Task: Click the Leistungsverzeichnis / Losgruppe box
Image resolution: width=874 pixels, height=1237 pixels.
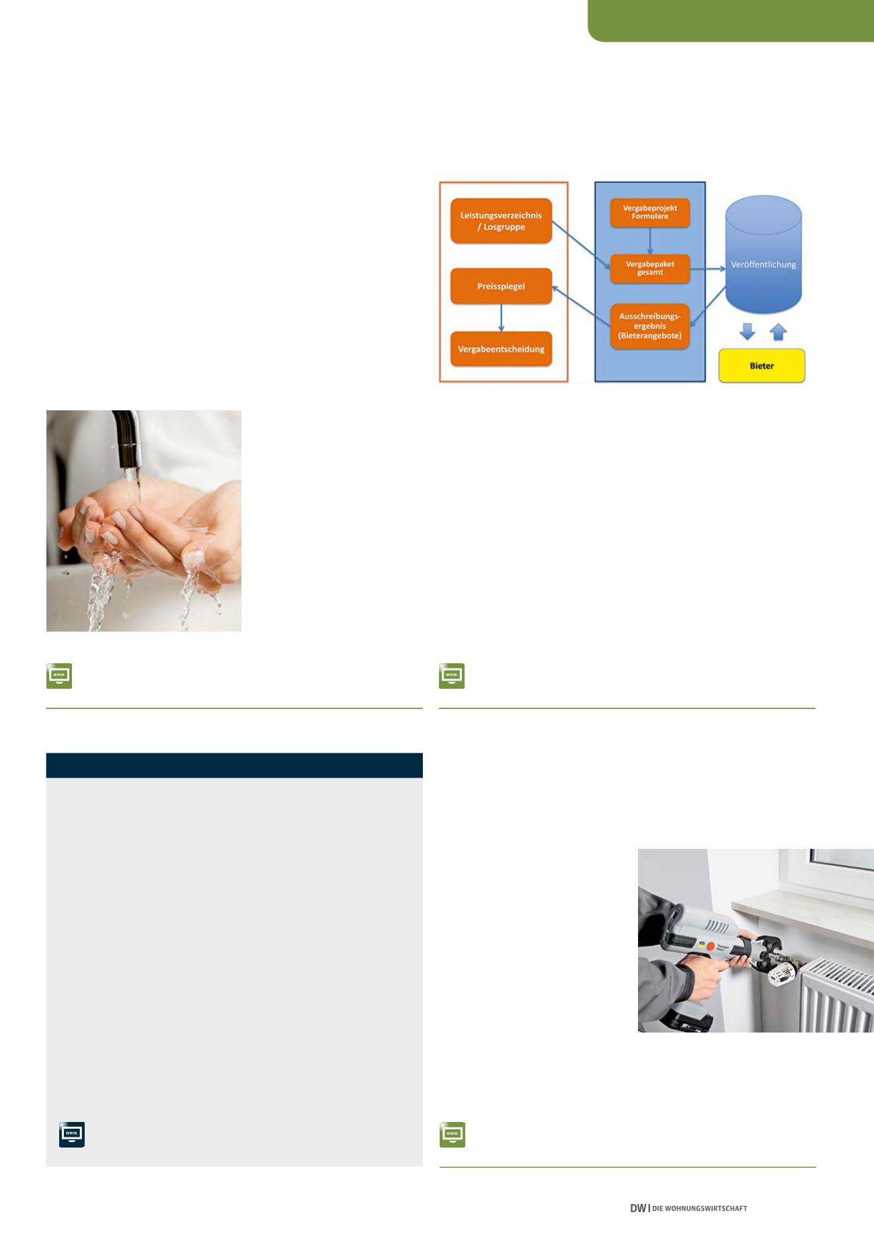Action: click(x=502, y=221)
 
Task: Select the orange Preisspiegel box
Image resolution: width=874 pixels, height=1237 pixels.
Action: click(x=501, y=287)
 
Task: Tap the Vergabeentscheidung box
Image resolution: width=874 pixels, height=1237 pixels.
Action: click(x=501, y=349)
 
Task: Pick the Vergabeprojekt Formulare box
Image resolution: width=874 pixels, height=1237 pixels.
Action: click(x=650, y=213)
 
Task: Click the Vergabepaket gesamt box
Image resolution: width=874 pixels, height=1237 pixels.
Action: click(x=650, y=268)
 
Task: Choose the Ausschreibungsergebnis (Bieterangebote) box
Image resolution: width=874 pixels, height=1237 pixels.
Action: click(x=650, y=326)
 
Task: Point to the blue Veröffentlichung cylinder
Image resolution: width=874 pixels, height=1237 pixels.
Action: click(x=764, y=255)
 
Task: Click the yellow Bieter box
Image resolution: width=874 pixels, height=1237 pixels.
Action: click(x=762, y=366)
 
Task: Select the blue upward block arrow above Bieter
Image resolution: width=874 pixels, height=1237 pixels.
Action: click(x=778, y=332)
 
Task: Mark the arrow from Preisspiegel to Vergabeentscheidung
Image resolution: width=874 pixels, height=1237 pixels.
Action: click(x=501, y=318)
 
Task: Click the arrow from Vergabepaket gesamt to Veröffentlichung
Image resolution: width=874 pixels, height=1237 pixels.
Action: click(x=708, y=268)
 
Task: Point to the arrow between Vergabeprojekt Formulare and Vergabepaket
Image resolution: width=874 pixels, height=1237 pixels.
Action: click(x=650, y=241)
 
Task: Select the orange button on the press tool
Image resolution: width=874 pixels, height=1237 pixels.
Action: click(x=710, y=944)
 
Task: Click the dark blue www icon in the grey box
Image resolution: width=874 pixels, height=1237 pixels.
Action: click(x=72, y=1134)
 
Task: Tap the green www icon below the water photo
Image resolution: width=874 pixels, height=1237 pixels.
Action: click(x=59, y=676)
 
